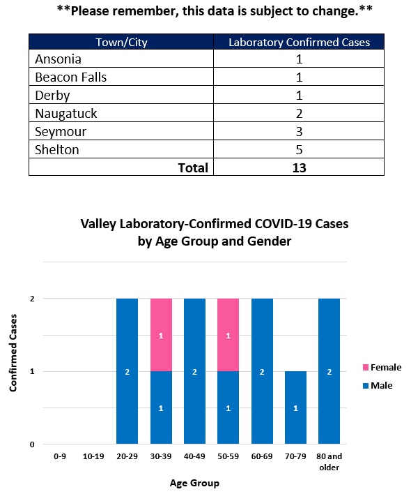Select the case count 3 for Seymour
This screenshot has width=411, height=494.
tap(299, 132)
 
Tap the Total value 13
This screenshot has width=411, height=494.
tap(299, 167)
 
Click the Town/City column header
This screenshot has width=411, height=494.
tap(121, 43)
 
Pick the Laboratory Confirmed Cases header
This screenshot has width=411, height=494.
tap(299, 43)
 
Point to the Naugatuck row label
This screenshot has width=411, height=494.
tap(66, 114)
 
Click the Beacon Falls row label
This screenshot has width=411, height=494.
tap(71, 77)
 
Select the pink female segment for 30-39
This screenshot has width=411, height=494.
tap(161, 335)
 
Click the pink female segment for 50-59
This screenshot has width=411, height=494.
tap(228, 335)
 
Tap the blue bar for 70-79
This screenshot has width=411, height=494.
tap(295, 407)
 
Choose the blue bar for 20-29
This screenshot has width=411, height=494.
tap(127, 371)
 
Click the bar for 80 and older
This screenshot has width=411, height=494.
tap(329, 371)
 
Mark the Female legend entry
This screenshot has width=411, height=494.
tap(382, 367)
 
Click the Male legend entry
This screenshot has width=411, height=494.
tap(378, 386)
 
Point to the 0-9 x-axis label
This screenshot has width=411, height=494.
tap(60, 456)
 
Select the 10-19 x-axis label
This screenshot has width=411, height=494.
tap(93, 456)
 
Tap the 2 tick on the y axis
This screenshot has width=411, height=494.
tap(32, 299)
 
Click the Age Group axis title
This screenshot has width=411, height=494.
tap(194, 483)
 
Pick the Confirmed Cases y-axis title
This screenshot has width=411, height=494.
tap(13, 353)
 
